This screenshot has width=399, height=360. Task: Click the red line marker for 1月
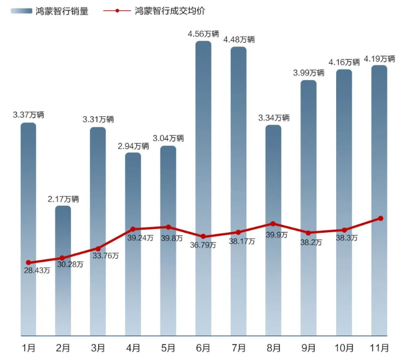point(28,262)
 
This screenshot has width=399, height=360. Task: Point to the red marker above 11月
point(380,218)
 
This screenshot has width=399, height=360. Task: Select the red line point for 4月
point(133,229)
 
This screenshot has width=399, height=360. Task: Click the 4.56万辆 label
point(204,34)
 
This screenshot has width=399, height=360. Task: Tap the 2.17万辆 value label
point(63,199)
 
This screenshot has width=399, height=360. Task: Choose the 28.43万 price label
point(37,271)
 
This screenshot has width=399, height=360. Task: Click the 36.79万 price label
point(203,245)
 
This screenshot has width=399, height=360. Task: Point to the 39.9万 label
point(276,234)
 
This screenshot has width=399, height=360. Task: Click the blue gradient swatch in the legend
point(21,11)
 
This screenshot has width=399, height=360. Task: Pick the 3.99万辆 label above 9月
point(309,73)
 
